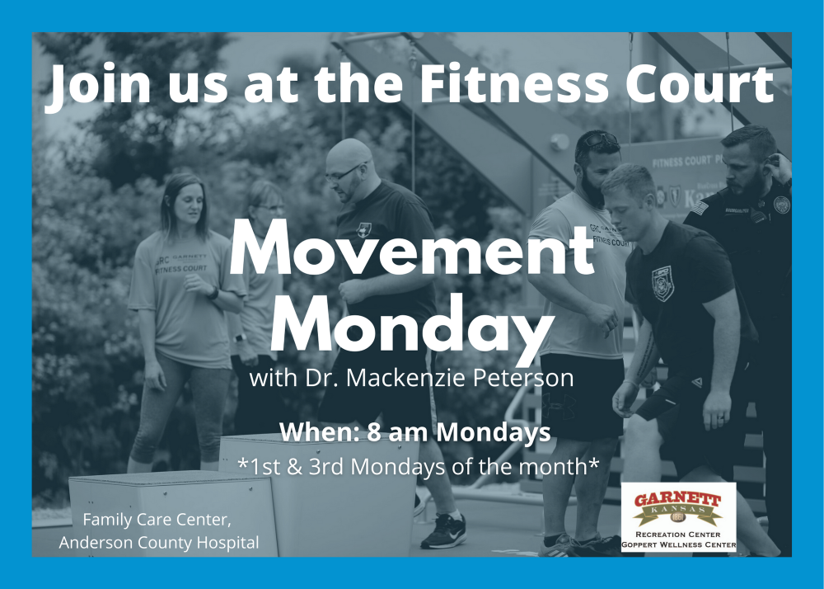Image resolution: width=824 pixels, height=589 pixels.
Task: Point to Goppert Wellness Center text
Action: pos(678,544)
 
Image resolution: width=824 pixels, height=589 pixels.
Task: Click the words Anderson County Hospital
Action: pos(159,542)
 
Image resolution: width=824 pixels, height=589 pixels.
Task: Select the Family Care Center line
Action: pos(157,520)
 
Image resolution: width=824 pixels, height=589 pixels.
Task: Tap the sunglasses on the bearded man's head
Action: pos(601,139)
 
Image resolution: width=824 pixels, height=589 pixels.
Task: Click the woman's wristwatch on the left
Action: pos(213,293)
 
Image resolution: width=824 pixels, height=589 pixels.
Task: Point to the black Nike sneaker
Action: pos(444,531)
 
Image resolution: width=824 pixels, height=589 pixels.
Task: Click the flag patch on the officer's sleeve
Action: pos(699,208)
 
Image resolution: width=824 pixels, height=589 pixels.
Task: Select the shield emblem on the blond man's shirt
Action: pos(662,284)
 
